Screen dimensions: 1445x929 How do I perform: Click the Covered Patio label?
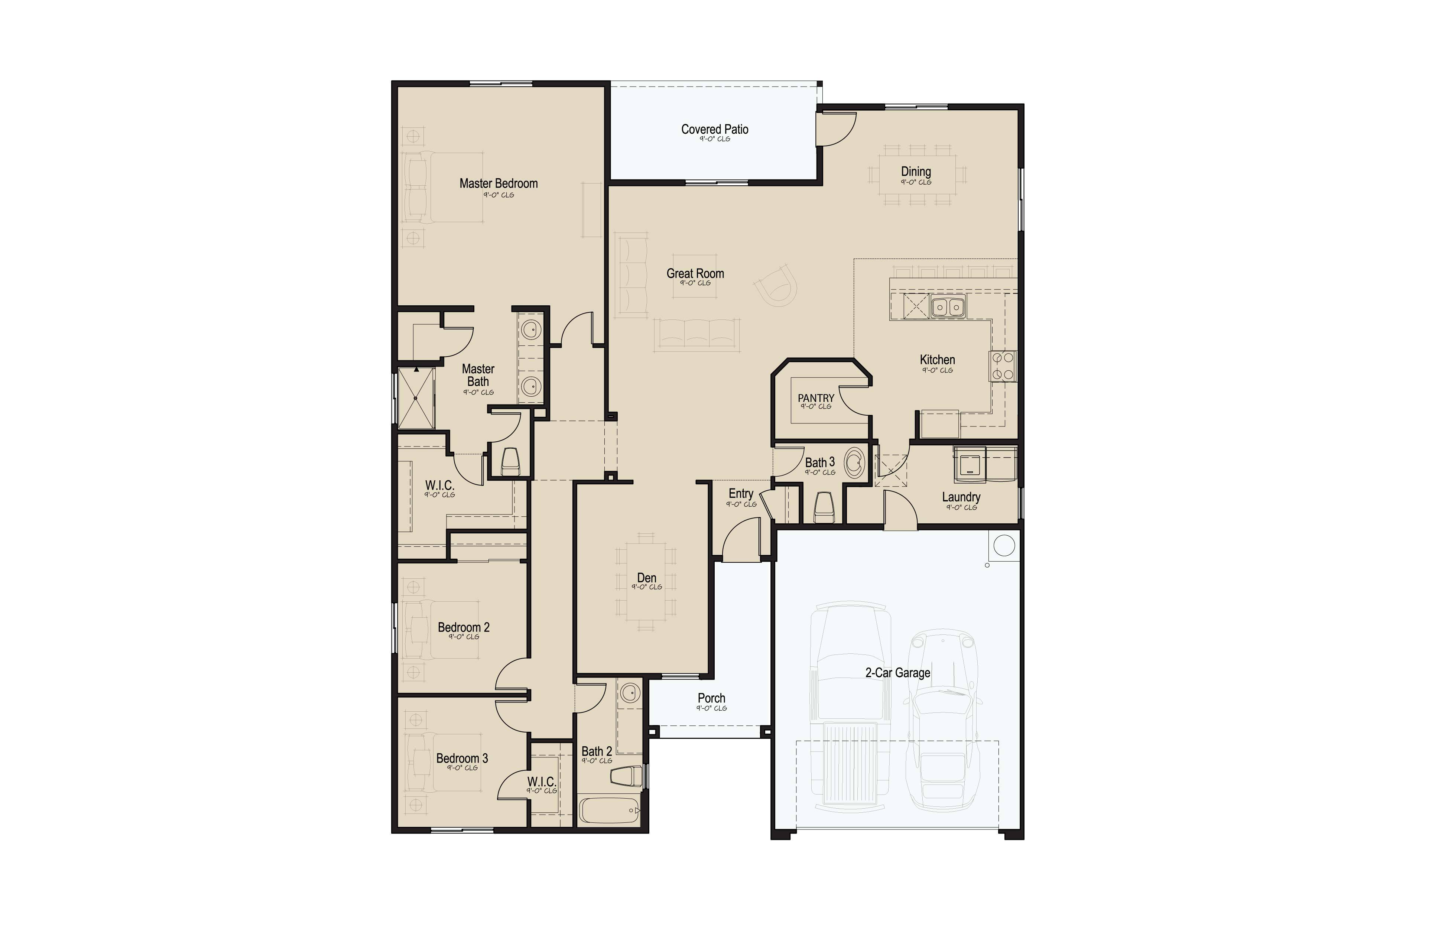715,129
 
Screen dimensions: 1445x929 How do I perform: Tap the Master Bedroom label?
498,183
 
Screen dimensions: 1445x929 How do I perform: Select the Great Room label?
695,273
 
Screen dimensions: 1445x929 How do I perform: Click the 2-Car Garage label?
897,673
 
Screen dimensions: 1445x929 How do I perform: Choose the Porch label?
712,698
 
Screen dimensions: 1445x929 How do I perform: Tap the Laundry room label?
961,497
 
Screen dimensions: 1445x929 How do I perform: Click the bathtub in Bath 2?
610,810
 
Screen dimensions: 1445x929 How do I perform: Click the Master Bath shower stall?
416,398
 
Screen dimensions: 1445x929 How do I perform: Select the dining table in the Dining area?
917,174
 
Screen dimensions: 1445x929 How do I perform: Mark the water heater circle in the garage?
1004,545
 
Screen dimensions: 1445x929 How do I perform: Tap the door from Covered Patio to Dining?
835,129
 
